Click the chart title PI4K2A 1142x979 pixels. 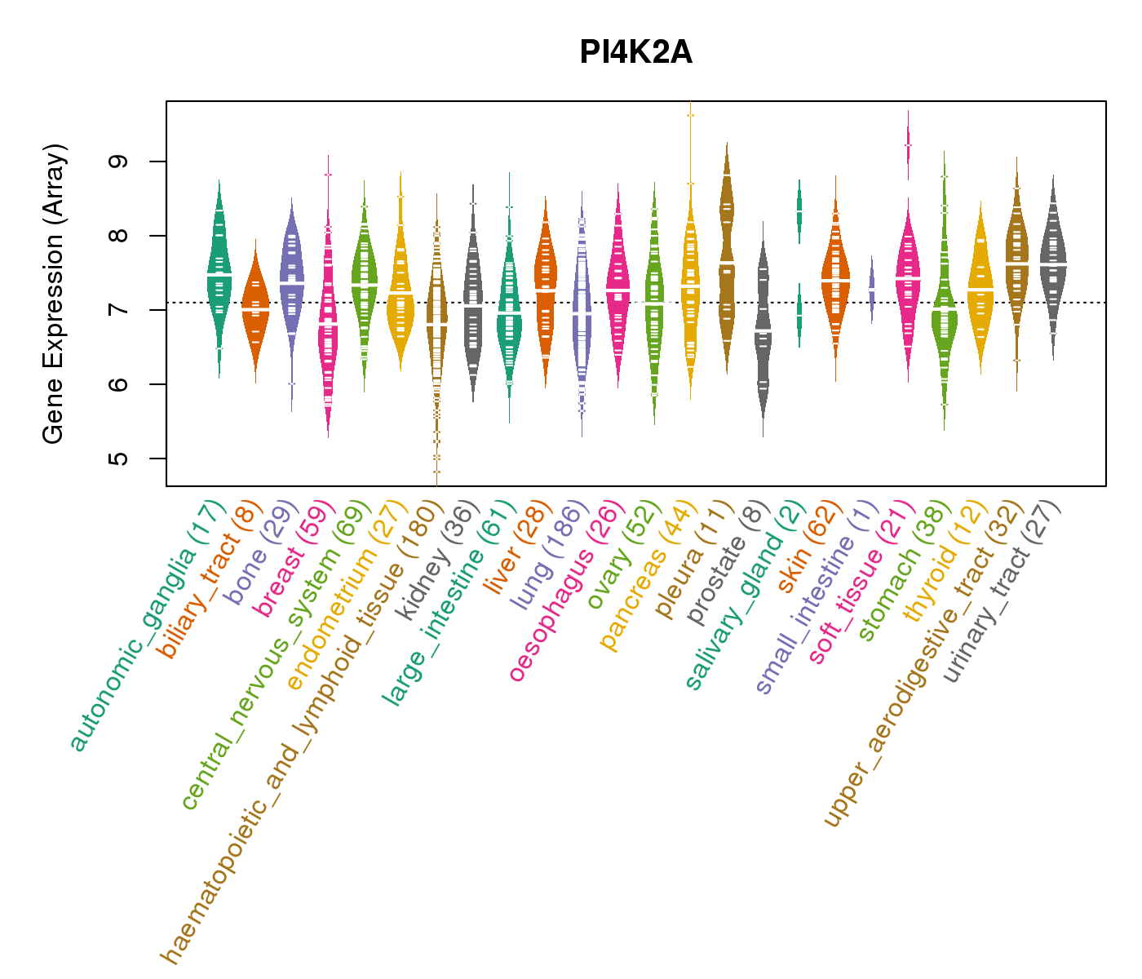click(x=635, y=53)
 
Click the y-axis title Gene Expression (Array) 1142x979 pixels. click(x=54, y=294)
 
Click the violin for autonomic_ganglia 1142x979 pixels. click(x=219, y=277)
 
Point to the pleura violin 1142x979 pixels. click(x=727, y=261)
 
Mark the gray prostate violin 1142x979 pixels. click(x=763, y=326)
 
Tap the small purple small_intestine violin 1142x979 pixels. click(x=871, y=290)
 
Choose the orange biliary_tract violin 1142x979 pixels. click(x=255, y=310)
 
